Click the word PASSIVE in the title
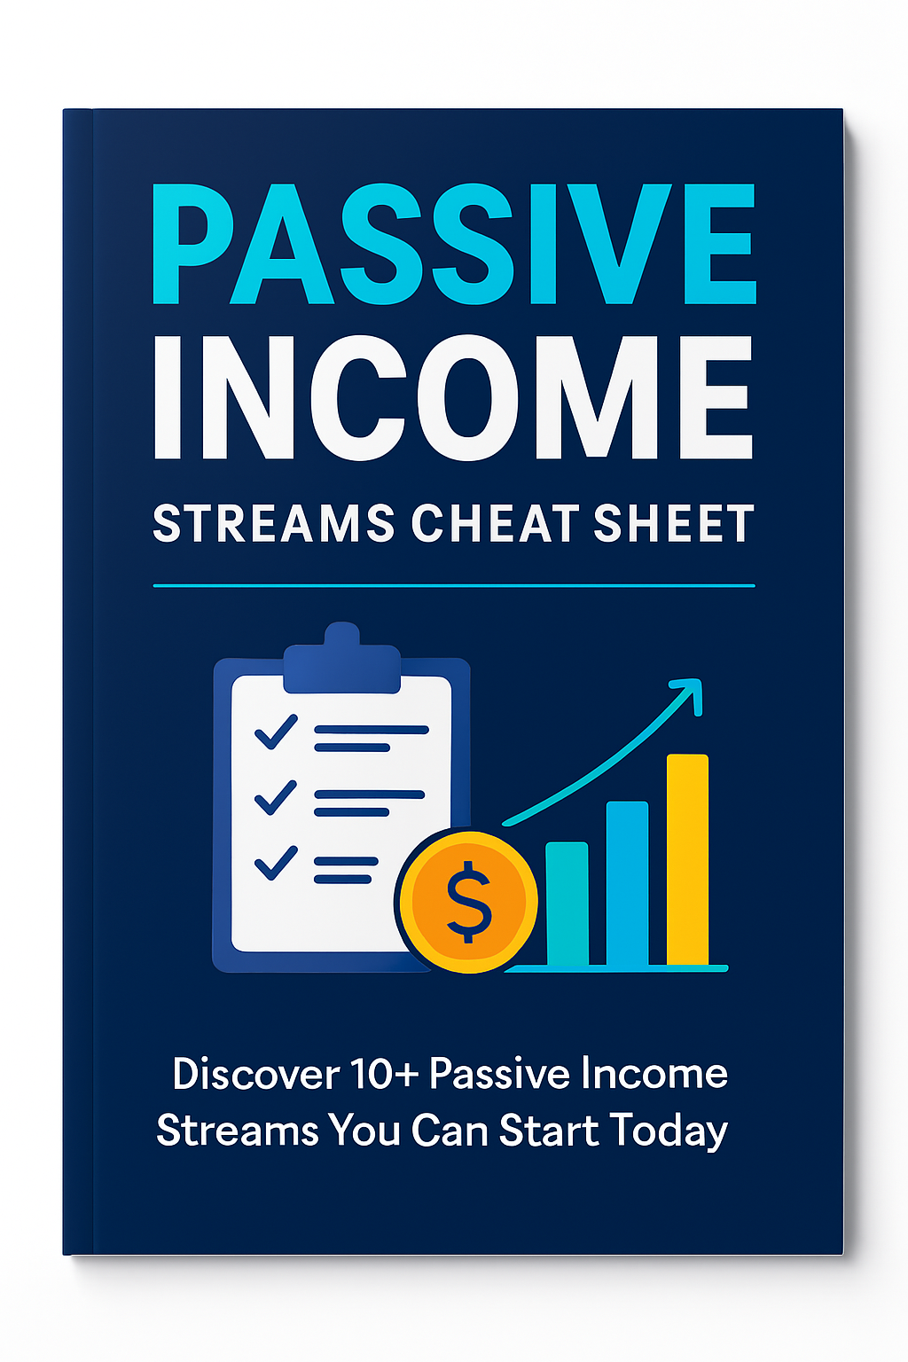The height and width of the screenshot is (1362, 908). point(454,244)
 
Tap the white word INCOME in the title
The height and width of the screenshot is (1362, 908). point(454,399)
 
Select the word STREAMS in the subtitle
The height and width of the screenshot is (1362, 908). point(274,523)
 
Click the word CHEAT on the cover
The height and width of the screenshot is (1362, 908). point(496,523)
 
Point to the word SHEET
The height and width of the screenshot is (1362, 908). point(674,523)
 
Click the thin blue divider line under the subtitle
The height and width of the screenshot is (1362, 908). point(454,586)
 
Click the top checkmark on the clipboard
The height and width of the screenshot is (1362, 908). point(276,732)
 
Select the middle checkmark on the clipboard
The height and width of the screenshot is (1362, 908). point(276,797)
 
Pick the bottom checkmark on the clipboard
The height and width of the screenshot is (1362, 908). point(276,862)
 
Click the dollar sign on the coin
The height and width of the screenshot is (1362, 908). point(468,902)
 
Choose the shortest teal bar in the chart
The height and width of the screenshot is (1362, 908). point(567,903)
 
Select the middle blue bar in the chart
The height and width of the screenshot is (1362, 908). point(627,882)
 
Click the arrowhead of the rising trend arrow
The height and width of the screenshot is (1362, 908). point(689,693)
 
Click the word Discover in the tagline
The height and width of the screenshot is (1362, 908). point(255,1075)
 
